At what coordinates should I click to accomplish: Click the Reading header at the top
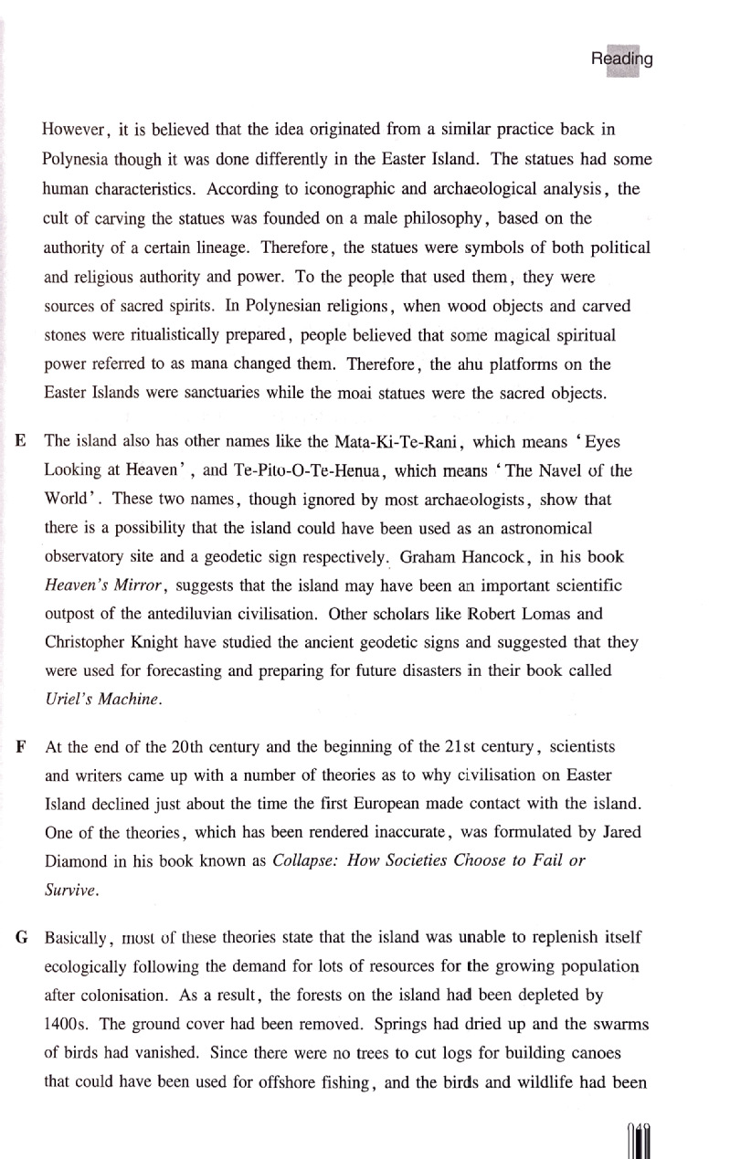621,60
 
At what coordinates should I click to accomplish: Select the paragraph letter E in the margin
21,441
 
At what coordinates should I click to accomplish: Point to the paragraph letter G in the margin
21,938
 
